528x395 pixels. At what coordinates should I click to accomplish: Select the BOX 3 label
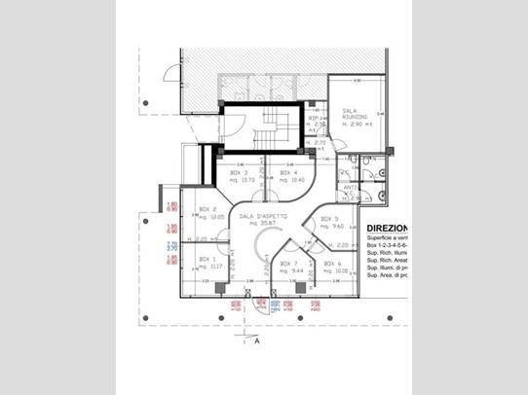[239, 173]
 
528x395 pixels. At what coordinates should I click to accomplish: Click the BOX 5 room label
[329, 219]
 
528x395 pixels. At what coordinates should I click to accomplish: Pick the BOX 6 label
[333, 264]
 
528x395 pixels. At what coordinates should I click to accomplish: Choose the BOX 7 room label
[288, 264]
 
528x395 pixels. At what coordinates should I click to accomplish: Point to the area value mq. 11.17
[209, 266]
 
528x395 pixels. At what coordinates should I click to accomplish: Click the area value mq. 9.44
[288, 270]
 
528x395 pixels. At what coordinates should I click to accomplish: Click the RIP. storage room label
[316, 119]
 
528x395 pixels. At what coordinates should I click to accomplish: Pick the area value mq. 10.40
[290, 180]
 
